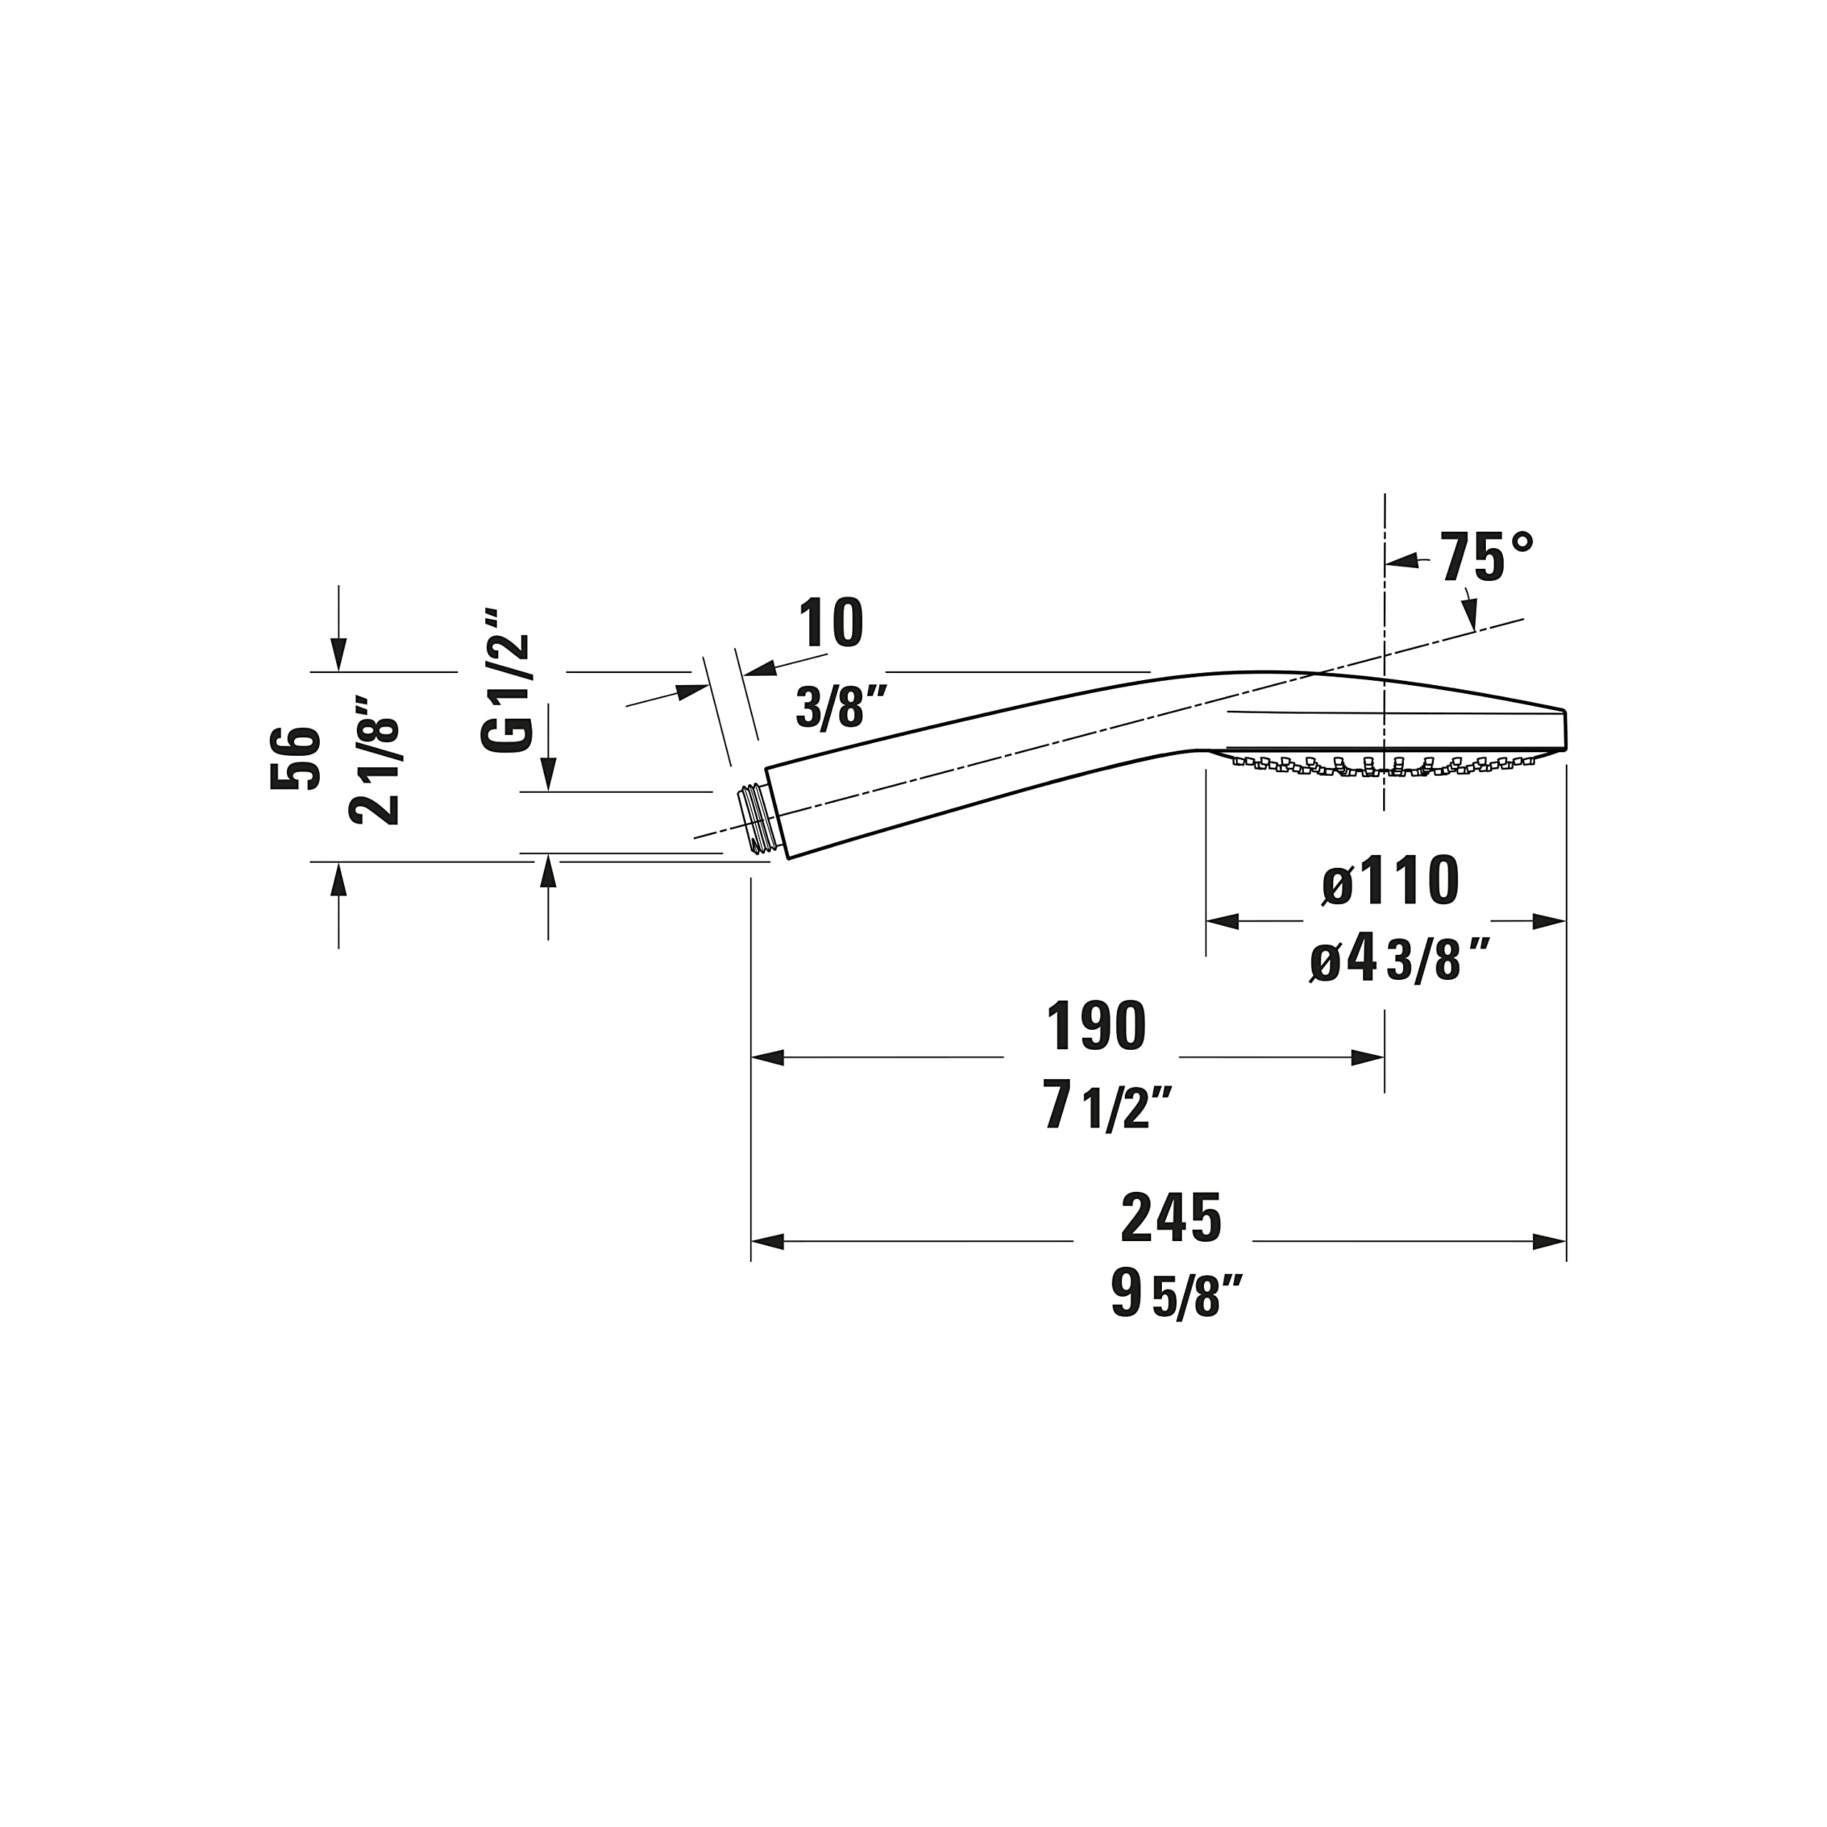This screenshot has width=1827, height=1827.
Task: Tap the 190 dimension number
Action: click(1096, 1026)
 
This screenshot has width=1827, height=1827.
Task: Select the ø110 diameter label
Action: click(1390, 881)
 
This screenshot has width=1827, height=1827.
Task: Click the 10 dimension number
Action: click(831, 622)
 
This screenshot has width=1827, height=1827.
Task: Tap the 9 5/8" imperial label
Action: click(1176, 1294)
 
